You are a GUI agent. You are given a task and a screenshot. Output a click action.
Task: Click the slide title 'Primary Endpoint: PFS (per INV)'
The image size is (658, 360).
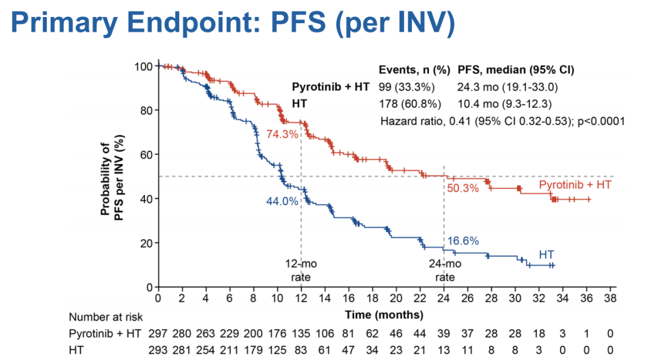tap(233, 24)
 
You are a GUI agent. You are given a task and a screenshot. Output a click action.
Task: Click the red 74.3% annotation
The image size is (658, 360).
tap(282, 134)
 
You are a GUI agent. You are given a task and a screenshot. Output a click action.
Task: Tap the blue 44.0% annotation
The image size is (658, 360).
tap(282, 201)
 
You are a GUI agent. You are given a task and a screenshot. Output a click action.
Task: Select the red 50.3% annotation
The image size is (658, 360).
tap(463, 188)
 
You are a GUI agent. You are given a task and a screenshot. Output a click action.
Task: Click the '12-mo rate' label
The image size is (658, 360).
tap(301, 270)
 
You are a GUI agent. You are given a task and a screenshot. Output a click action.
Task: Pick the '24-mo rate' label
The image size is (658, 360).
tap(445, 270)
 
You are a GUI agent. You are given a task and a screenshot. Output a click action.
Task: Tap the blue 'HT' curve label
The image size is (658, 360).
tap(547, 254)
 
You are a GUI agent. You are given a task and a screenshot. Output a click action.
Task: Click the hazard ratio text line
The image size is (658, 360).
tap(503, 121)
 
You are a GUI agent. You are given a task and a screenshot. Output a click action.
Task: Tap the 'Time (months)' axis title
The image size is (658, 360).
tap(384, 315)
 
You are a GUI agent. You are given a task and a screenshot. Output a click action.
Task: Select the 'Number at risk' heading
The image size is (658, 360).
tap(105, 317)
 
